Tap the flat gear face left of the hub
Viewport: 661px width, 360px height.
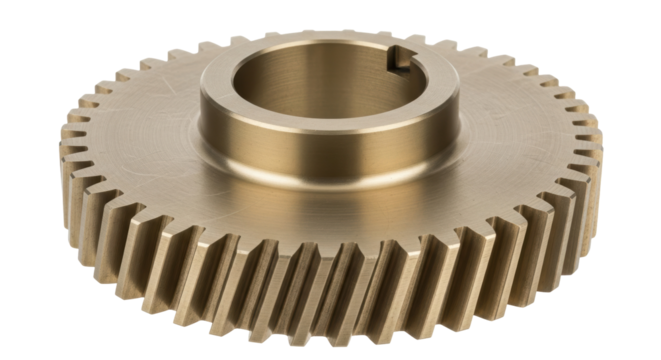[140, 130]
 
